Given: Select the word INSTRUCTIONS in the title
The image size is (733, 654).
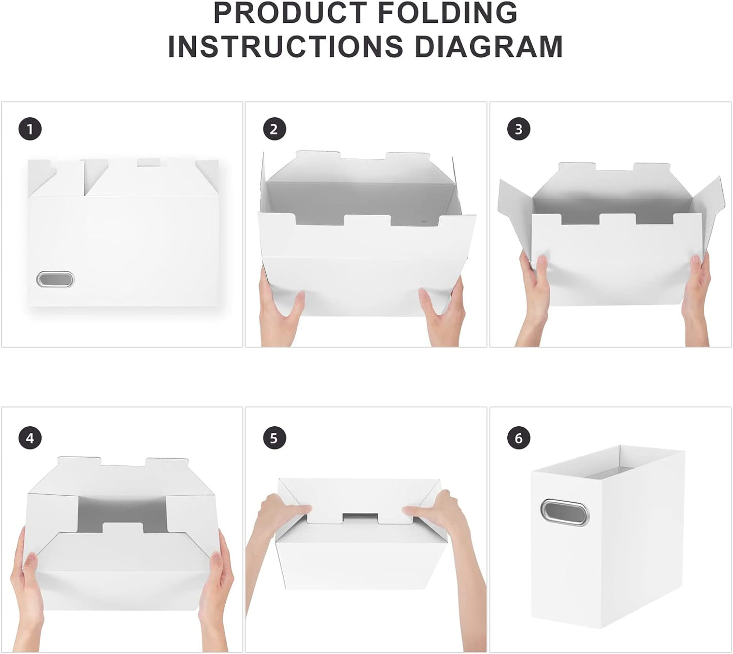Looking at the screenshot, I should (x=286, y=46).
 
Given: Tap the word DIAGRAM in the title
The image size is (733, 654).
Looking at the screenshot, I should (x=488, y=46).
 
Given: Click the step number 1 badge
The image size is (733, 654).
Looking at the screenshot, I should (x=30, y=129).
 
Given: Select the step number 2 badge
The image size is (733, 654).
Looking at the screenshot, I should (x=274, y=129).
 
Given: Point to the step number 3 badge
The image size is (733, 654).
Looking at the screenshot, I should (x=518, y=129).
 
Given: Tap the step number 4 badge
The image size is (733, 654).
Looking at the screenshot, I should (x=30, y=438).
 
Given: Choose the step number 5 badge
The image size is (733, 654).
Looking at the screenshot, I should (x=274, y=438).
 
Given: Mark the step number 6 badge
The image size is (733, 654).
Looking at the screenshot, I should (x=518, y=438).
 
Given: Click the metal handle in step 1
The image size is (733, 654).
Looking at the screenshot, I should (x=55, y=279).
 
